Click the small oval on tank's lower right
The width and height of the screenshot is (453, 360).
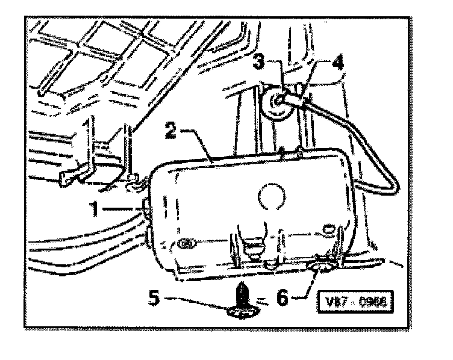coord(328,228)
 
